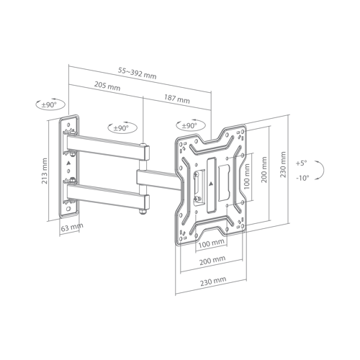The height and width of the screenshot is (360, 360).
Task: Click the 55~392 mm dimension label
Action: [138, 73]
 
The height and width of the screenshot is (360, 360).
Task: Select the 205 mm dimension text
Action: [107, 86]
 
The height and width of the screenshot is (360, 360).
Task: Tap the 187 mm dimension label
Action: [177, 99]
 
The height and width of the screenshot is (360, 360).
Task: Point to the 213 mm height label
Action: [45, 171]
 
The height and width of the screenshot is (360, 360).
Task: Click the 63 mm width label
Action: [72, 227]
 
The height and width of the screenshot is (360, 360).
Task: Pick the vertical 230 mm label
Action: [283, 164]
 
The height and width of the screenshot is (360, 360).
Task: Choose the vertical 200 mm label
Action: [264, 170]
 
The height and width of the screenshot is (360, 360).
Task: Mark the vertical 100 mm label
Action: [247, 176]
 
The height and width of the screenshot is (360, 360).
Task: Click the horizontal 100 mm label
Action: [212, 243]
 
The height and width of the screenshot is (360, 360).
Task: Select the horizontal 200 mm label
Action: [212, 261]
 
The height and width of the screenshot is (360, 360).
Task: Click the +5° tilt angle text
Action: [302, 163]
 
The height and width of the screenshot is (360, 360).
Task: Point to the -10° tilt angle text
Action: [302, 178]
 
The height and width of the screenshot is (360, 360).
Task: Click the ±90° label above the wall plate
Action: [49, 105]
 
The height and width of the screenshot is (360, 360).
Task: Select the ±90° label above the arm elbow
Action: [121, 128]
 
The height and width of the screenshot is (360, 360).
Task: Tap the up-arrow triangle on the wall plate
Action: [68, 163]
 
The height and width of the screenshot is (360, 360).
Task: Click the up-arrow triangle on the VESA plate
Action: [211, 184]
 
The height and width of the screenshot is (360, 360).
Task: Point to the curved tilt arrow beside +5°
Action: [323, 170]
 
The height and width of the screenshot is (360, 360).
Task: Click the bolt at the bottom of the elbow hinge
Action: [143, 212]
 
